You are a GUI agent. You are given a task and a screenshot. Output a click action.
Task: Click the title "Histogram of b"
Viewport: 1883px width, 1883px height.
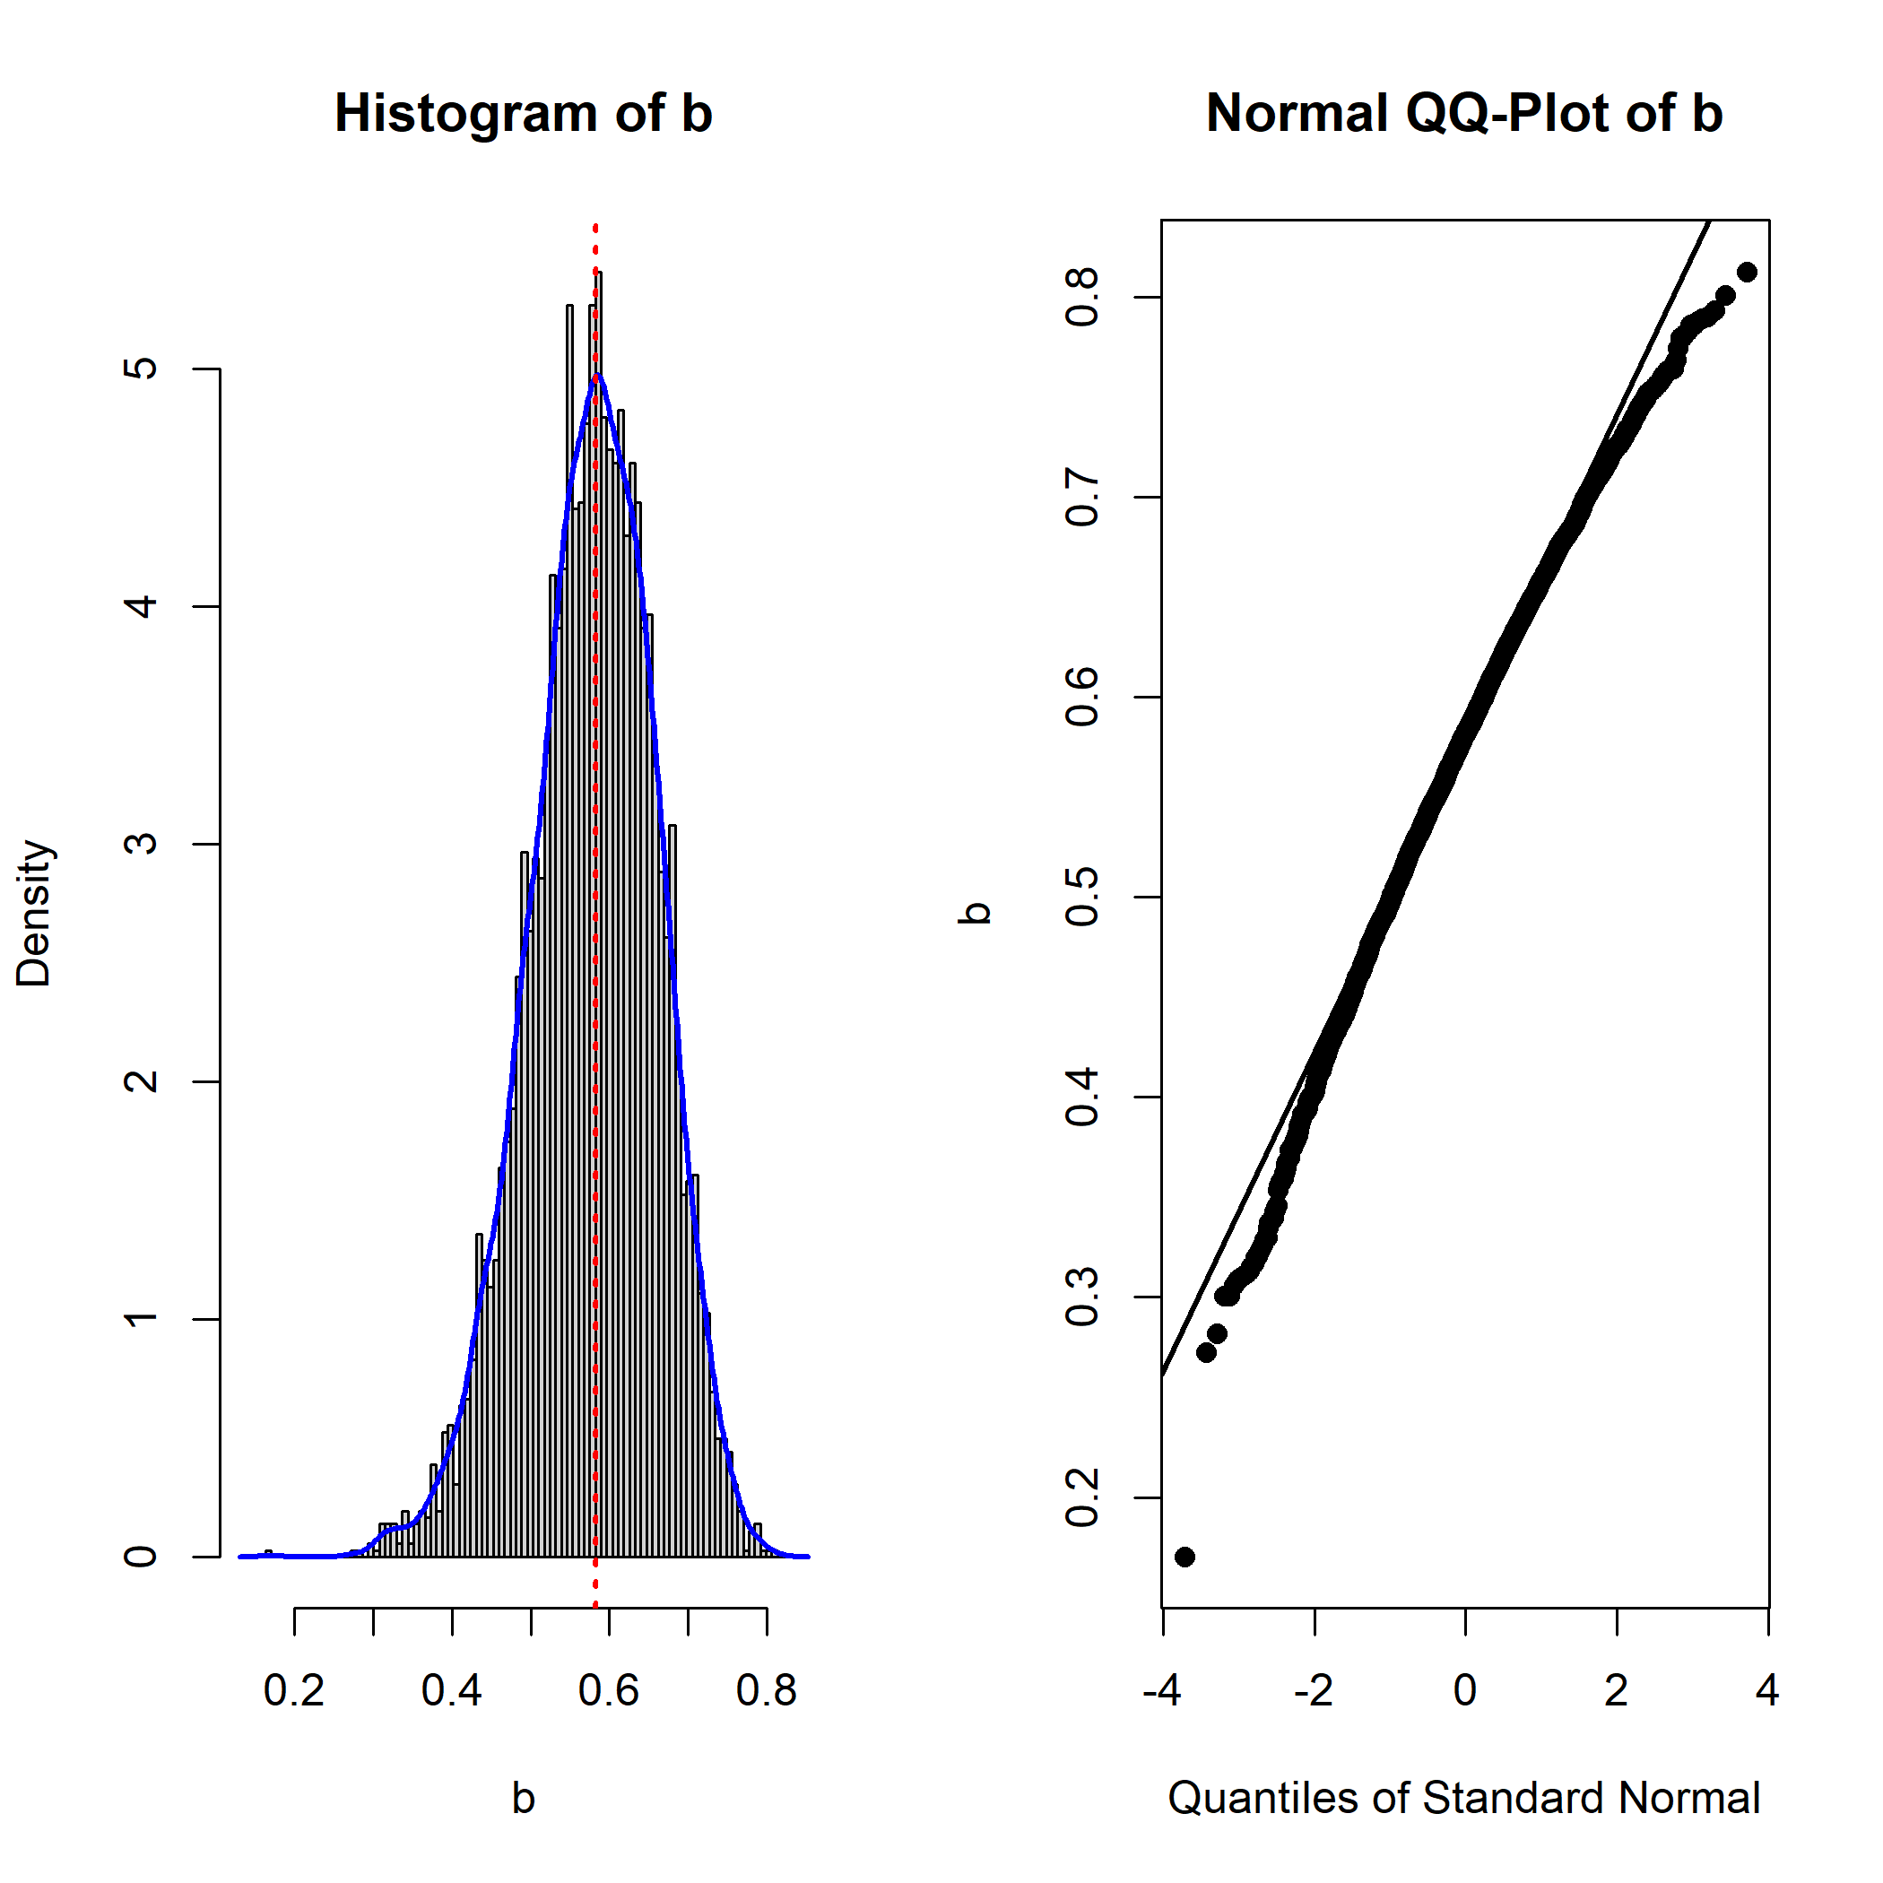[x=524, y=113]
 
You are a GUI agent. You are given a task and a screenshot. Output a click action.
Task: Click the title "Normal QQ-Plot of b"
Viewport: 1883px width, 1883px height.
[x=1464, y=113]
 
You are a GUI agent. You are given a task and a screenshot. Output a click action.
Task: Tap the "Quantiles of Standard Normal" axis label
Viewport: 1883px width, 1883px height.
[x=1464, y=1798]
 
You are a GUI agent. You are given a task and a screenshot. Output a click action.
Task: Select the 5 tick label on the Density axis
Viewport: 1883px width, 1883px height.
[x=143, y=369]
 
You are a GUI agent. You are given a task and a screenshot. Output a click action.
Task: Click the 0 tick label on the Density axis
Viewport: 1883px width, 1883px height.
[x=143, y=1557]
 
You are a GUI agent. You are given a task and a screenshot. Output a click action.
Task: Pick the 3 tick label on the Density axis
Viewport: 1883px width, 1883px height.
[x=143, y=844]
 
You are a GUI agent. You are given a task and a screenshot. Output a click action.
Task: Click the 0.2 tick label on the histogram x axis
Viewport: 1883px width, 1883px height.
[x=294, y=1691]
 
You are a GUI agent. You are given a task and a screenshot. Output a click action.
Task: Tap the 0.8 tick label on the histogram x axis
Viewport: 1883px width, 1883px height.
[x=767, y=1691]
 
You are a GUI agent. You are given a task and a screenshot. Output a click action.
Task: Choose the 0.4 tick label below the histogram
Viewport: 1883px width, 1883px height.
[x=452, y=1691]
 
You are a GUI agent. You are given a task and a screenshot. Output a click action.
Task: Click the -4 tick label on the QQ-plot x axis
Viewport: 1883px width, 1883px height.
[x=1162, y=1691]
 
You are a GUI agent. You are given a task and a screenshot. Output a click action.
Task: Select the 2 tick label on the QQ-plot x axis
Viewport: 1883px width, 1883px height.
[x=1617, y=1691]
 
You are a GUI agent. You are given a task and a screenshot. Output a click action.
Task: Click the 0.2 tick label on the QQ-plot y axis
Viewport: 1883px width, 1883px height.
[x=1083, y=1498]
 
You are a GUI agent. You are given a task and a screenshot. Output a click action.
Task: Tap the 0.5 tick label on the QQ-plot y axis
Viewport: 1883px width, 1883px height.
[x=1083, y=897]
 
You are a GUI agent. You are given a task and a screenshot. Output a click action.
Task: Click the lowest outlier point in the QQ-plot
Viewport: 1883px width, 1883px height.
[x=1185, y=1557]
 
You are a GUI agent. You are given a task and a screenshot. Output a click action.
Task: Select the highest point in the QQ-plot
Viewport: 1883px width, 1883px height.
[x=1747, y=272]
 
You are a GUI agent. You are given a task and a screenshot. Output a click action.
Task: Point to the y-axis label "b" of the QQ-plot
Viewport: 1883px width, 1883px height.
[x=976, y=913]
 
